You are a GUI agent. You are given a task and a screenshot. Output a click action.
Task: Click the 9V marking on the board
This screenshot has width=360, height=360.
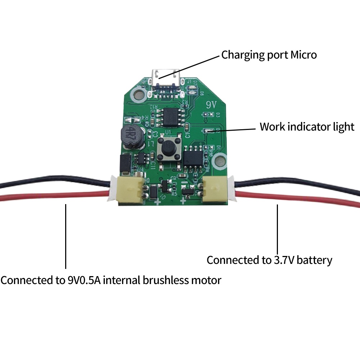(x=210, y=106)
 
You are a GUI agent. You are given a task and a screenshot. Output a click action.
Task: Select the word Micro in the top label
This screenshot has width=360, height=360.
(x=303, y=55)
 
